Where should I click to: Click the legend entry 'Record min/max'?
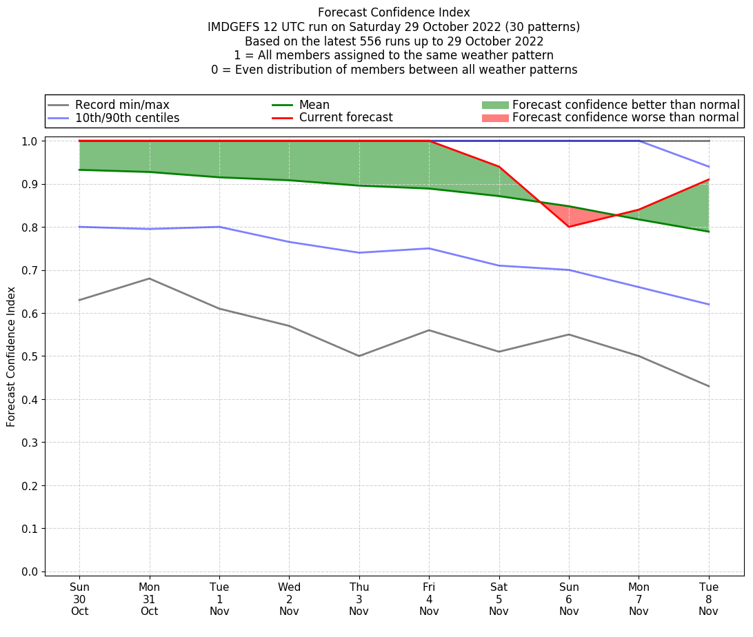click(x=122, y=105)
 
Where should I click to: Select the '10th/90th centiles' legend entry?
click(x=127, y=118)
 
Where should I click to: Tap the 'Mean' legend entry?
click(x=314, y=105)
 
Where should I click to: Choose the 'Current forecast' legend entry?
click(x=345, y=118)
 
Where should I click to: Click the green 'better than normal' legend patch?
click(x=494, y=105)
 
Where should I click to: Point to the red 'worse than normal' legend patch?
click(x=494, y=118)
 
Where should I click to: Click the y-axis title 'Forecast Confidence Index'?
click(x=11, y=356)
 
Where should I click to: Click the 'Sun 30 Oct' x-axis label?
click(x=79, y=599)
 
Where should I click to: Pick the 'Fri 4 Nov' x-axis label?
click(x=429, y=599)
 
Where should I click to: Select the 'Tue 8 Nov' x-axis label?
click(x=709, y=599)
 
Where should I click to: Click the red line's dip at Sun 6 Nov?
click(x=569, y=227)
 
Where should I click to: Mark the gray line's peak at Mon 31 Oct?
click(x=149, y=279)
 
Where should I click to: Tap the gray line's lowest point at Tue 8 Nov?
click(x=709, y=386)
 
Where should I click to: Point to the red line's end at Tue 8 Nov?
click(x=709, y=180)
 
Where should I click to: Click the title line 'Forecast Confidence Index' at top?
click(x=394, y=12)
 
